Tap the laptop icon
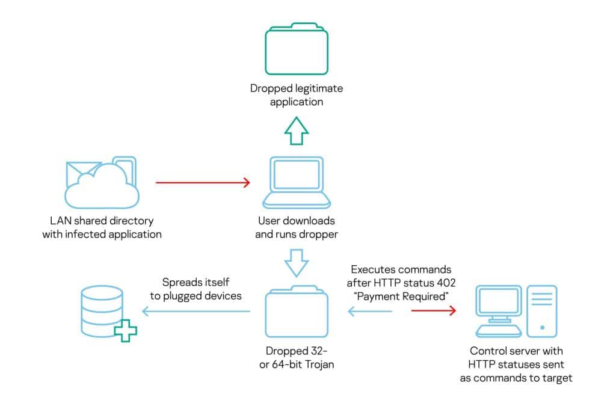[x=297, y=180]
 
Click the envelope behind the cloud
[x=81, y=171]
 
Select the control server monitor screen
[x=498, y=304]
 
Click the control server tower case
[x=541, y=310]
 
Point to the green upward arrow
[x=296, y=131]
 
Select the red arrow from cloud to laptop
[x=203, y=182]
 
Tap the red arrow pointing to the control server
[x=433, y=311]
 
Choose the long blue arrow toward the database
[x=196, y=312]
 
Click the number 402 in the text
[x=442, y=283]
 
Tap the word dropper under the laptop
[x=318, y=234]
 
